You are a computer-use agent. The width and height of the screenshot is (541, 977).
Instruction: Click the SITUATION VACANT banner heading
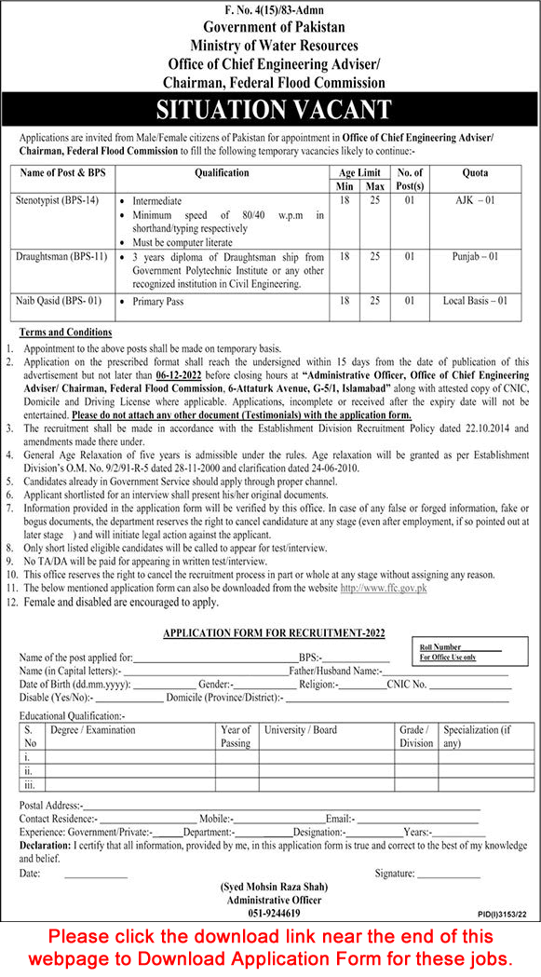pos(269,110)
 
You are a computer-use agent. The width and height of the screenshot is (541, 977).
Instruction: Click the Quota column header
pos(474,173)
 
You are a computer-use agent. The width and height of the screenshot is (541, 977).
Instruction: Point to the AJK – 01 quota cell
pos(475,199)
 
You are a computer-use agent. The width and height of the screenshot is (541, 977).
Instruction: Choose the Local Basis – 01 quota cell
pos(475,301)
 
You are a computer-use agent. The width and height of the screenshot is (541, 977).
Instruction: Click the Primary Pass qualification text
pos(157,302)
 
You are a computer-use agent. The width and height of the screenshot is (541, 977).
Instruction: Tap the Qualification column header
pos(222,173)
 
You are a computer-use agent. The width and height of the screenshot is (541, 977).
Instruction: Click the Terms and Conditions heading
pos(65,332)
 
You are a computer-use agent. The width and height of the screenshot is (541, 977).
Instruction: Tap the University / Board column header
pos(300,730)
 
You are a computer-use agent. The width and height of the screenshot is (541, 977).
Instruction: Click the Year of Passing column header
pos(236,737)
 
